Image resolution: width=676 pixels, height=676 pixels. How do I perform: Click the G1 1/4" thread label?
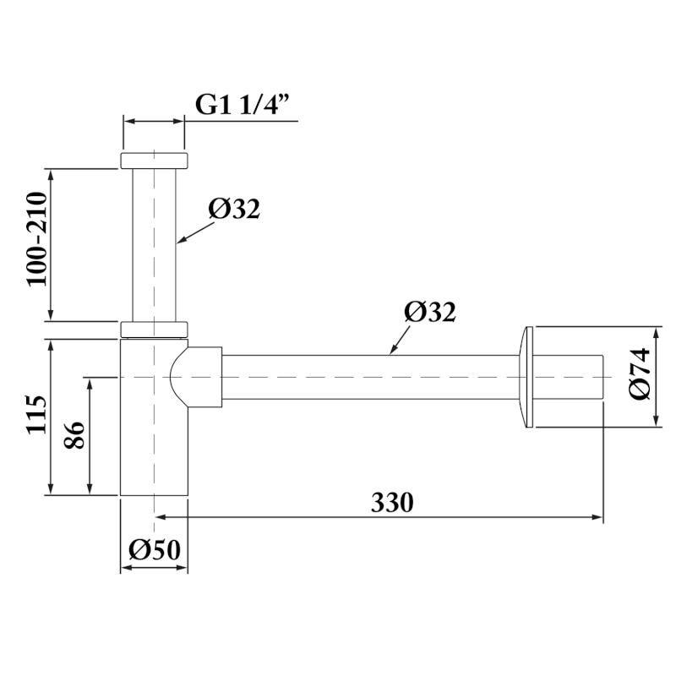pyautogui.click(x=242, y=104)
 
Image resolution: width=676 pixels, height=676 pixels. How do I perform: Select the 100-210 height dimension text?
pyautogui.click(x=36, y=239)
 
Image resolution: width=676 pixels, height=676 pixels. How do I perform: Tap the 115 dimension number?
pyautogui.click(x=36, y=414)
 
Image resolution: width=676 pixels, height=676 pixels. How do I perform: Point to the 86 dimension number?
pyautogui.click(x=74, y=435)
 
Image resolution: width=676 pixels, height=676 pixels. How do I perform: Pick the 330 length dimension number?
pyautogui.click(x=392, y=502)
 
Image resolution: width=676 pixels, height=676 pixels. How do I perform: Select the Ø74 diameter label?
pyautogui.click(x=640, y=373)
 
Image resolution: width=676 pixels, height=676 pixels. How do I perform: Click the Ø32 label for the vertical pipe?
pyautogui.click(x=234, y=209)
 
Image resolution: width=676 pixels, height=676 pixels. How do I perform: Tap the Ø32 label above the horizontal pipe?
pyautogui.click(x=430, y=311)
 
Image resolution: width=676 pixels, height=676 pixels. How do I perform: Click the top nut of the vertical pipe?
pyautogui.click(x=154, y=160)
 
